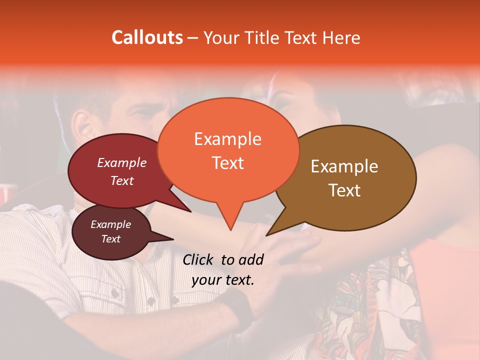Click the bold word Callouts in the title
pos(147,37)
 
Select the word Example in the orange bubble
pos(227,139)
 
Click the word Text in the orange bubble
pos(227,162)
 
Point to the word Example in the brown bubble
pos(344,166)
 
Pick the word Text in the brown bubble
pos(344,190)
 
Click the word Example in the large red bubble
pos(122,162)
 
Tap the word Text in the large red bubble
pos(122,180)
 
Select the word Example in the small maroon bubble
pos(110,224)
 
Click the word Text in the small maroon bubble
pos(110,239)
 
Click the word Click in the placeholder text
pos(198,259)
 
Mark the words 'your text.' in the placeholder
pos(223,280)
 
